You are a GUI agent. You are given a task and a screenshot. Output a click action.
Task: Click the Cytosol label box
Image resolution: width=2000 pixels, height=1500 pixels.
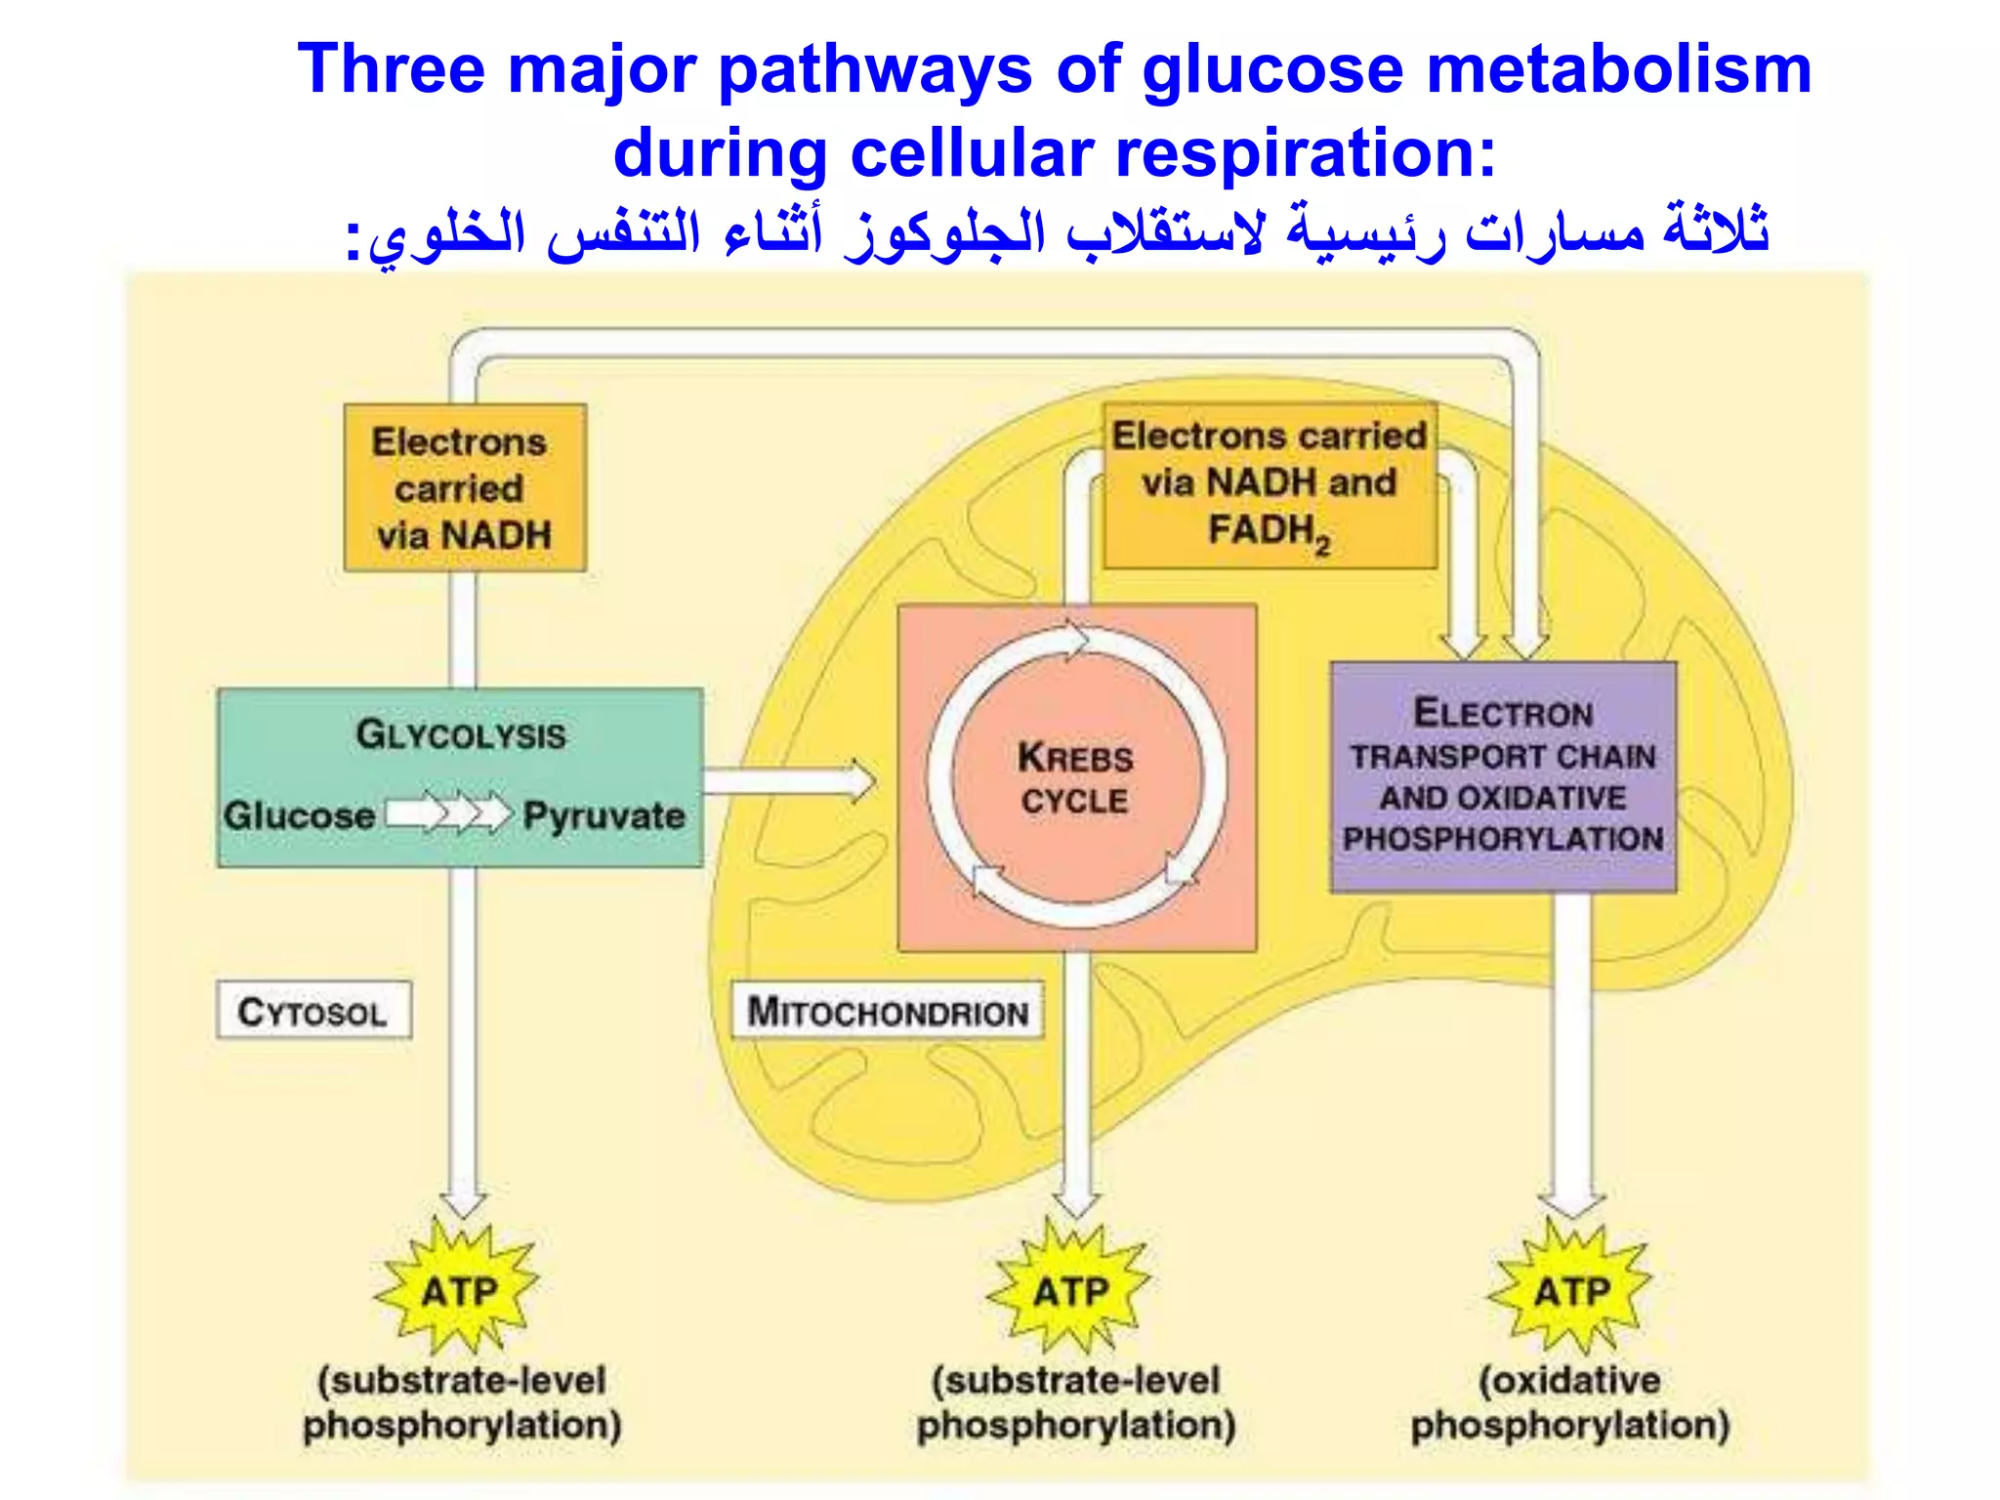pos(313,1011)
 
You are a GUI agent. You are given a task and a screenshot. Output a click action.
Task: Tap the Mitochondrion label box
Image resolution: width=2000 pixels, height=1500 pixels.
pos(888,1011)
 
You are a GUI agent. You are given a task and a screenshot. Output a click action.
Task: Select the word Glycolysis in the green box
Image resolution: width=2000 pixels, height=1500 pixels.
pos(460,734)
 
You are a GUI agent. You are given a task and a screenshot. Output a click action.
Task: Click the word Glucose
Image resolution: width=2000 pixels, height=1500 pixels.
pos(299,815)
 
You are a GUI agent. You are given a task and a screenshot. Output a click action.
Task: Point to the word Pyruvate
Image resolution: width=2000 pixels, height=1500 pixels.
pos(604,815)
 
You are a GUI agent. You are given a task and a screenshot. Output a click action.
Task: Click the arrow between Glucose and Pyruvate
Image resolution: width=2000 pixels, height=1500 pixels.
pos(449,813)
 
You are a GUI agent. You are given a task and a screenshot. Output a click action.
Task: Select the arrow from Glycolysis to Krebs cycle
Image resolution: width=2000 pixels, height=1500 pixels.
pos(789,781)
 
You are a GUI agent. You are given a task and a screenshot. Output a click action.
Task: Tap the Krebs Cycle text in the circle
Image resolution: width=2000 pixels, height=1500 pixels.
pos(1075,778)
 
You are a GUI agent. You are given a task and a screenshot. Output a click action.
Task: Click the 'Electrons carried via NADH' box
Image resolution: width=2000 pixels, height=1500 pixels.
pos(465,487)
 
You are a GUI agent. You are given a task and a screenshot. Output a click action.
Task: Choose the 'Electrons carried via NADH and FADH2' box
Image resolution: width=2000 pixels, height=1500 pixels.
pos(1270,484)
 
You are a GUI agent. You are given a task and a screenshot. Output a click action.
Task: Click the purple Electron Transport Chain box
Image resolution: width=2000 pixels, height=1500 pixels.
pos(1503,776)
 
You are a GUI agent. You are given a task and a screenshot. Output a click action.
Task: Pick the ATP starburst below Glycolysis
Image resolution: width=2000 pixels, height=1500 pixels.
pos(457,1290)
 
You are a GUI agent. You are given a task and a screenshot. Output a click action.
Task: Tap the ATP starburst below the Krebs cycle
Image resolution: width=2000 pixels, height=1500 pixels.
pos(1070,1290)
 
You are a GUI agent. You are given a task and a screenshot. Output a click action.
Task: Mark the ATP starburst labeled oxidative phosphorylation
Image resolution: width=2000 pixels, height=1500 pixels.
pos(1571,1290)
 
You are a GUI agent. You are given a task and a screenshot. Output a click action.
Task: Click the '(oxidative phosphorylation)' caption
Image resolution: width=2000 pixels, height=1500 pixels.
pos(1570,1402)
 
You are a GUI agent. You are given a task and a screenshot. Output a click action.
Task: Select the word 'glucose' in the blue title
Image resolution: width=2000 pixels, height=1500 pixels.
pos(1272,70)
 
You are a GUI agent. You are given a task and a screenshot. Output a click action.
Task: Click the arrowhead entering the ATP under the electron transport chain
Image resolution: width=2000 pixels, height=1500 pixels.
pos(1571,1201)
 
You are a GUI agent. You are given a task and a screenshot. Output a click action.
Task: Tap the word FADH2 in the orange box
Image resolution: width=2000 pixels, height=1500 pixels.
pos(1269,531)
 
